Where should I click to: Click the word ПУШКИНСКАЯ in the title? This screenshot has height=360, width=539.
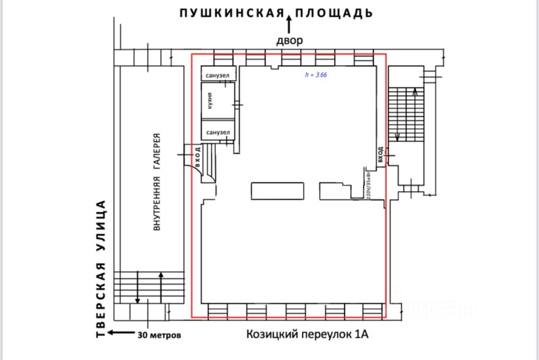click(x=232, y=13)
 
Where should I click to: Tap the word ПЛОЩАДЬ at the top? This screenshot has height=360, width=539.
click(x=334, y=13)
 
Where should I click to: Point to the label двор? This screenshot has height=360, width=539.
click(x=289, y=40)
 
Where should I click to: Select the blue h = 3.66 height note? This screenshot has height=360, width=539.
click(x=316, y=75)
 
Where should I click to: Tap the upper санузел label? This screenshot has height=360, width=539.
click(x=218, y=76)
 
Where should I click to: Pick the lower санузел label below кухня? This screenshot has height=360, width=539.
click(x=218, y=133)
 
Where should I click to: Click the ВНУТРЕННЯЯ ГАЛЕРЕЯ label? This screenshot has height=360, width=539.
click(x=157, y=181)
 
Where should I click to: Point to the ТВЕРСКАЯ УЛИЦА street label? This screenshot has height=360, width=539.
click(x=101, y=269)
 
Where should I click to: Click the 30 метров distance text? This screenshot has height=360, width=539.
click(x=160, y=335)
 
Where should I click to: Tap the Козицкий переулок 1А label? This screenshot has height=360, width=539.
click(x=308, y=334)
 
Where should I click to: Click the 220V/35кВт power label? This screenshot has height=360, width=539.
click(x=368, y=183)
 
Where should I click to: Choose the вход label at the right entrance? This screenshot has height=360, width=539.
click(x=380, y=155)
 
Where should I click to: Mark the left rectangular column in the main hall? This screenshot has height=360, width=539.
click(x=278, y=191)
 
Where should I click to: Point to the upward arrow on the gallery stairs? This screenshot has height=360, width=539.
click(x=161, y=282)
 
